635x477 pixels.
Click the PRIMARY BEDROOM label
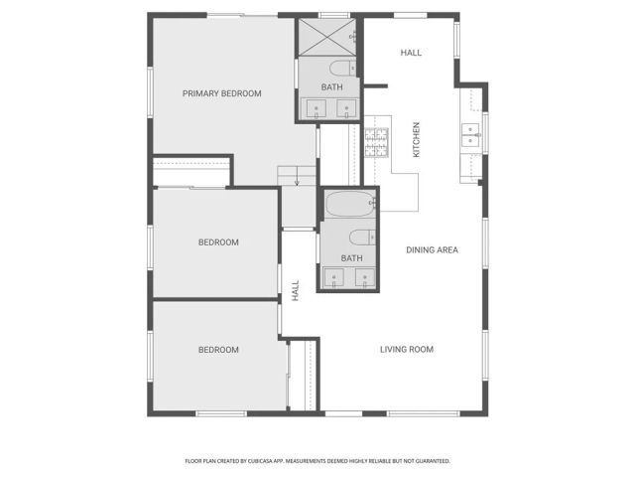(x=221, y=93)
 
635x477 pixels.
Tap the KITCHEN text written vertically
(x=417, y=139)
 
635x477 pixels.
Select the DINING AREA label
(x=432, y=249)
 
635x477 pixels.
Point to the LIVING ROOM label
(x=407, y=349)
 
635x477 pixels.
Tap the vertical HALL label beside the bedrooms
(x=296, y=290)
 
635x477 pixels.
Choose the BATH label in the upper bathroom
(x=331, y=86)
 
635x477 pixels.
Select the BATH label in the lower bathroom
(x=351, y=258)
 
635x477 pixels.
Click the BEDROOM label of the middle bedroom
(x=218, y=242)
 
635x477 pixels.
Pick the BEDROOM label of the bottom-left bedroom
(x=218, y=350)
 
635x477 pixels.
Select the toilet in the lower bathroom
(x=361, y=237)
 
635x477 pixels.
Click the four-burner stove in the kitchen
(x=376, y=144)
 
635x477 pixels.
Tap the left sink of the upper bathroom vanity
(x=317, y=109)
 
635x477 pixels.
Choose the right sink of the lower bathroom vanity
(x=365, y=277)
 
